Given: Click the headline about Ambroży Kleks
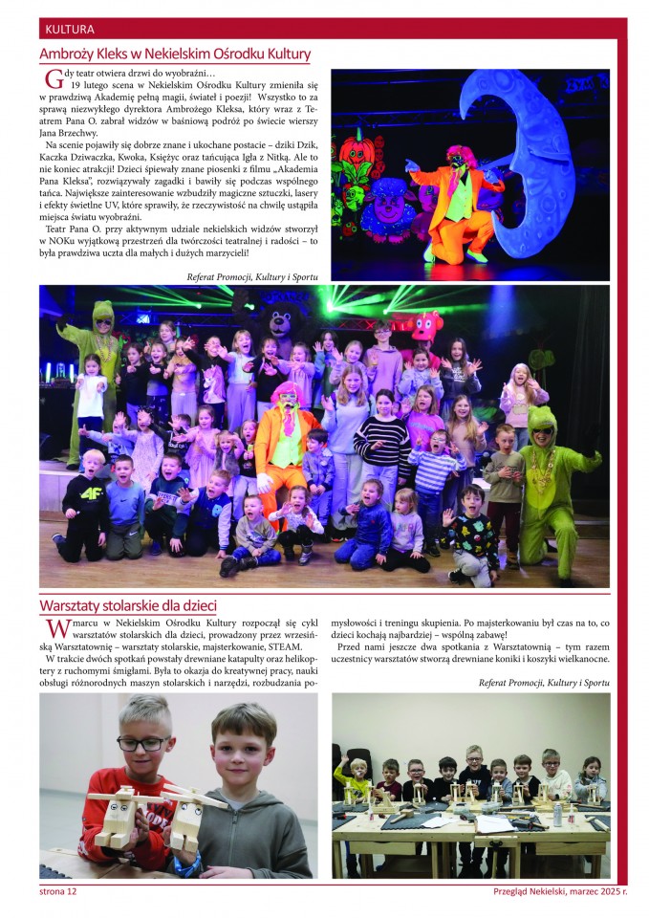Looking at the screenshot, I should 175,55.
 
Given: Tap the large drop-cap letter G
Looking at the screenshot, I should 54,81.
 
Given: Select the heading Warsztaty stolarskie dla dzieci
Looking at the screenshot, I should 128,605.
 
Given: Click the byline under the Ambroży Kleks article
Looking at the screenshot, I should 253,276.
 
